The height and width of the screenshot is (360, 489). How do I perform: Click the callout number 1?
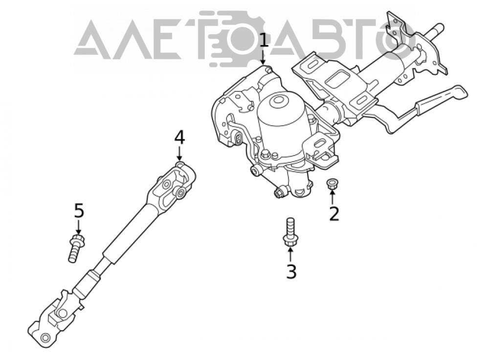coord(264,41)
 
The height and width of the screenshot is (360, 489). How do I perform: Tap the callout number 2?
coord(334,214)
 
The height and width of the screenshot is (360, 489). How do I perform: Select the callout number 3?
coord(291,271)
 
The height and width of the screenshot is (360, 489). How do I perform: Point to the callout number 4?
coord(179,137)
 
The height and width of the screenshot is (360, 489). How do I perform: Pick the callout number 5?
coord(79,211)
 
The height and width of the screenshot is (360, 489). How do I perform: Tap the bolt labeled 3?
coord(290,233)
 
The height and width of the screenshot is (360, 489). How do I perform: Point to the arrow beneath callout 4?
coord(179,154)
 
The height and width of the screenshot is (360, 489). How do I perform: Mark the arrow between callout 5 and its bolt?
coord(78,227)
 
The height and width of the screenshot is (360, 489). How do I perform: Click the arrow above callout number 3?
coord(290,254)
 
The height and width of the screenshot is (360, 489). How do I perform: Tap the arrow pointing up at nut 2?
coord(333,197)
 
